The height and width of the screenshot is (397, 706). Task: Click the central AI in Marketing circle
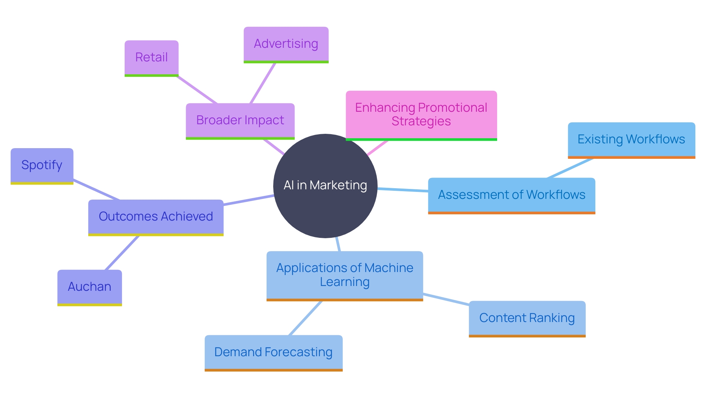[325, 186]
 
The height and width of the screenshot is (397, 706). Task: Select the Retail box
[151, 58]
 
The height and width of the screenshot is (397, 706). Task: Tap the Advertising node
[286, 44]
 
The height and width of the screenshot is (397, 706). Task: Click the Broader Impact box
[240, 121]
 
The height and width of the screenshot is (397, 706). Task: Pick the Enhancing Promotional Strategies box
[421, 115]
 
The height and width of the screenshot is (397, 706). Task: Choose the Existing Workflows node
[631, 140]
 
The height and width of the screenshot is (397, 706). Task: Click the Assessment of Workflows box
[511, 195]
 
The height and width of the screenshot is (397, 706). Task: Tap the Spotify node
[42, 165]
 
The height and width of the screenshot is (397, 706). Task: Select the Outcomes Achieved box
[156, 217]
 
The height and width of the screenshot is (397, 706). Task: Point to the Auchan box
[89, 287]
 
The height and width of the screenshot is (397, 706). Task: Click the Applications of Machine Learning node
[345, 275]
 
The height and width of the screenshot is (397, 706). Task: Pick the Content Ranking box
[527, 318]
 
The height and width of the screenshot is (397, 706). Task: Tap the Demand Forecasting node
[273, 352]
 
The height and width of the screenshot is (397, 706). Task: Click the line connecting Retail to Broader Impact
[197, 90]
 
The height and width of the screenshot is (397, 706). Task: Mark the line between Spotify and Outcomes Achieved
[96, 190]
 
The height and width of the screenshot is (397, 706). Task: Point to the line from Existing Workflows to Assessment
[570, 168]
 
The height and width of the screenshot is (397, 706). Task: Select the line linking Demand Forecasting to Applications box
[306, 318]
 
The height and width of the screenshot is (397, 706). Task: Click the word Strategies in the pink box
[421, 121]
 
